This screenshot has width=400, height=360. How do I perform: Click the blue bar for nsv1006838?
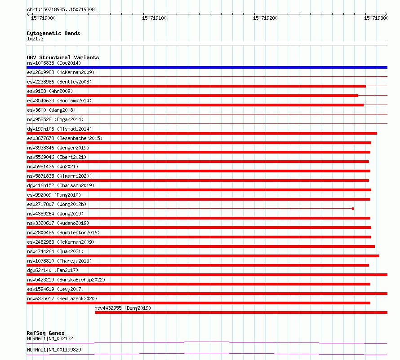(x=207, y=67)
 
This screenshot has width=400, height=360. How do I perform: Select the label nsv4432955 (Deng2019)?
(x=123, y=308)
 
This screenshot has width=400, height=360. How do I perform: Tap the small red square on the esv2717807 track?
(x=353, y=209)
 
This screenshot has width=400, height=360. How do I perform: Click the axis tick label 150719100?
(x=154, y=18)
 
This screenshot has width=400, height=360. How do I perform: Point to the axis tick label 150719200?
(x=265, y=18)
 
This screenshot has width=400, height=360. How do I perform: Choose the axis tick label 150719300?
(x=376, y=18)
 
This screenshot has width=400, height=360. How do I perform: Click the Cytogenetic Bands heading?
(x=53, y=33)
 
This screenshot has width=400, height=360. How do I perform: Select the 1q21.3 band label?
(x=35, y=39)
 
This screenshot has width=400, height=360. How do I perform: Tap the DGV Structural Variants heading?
(x=62, y=57)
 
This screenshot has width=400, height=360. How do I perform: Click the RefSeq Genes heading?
(x=45, y=333)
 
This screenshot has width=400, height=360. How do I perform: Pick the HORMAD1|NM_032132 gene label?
(x=49, y=338)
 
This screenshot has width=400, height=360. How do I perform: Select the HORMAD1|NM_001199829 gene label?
(x=54, y=350)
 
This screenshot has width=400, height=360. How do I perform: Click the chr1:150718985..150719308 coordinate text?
(x=61, y=9)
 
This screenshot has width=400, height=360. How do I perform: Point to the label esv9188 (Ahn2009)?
(x=49, y=91)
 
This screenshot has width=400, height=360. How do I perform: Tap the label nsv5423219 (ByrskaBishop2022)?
(x=66, y=280)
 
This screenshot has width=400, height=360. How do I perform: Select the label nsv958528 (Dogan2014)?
(x=55, y=119)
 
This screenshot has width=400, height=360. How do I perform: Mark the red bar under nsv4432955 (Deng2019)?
(x=241, y=312)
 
